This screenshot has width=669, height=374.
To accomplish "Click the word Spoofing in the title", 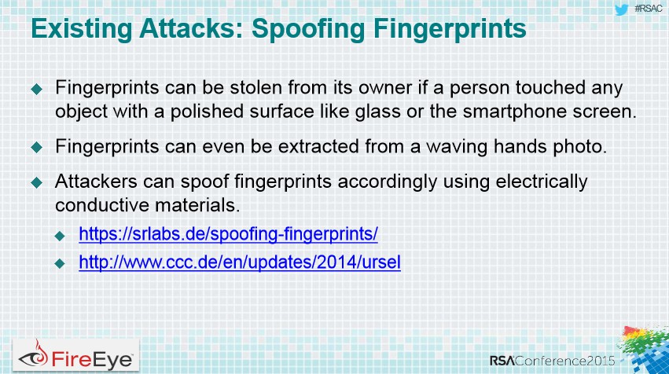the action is (x=308, y=30).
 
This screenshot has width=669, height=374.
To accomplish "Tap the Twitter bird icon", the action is (x=622, y=9).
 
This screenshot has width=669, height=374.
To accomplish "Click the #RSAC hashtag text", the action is (x=648, y=9).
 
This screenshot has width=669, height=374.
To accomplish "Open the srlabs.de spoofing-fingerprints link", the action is (x=228, y=234).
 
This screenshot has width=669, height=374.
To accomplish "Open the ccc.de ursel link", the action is (x=240, y=262).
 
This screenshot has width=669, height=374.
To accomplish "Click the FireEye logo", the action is (x=76, y=356).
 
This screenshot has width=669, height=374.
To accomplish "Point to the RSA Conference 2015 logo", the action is (x=552, y=361).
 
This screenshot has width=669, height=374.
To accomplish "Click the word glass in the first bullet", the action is (x=378, y=112).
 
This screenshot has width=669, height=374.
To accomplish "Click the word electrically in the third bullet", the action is (x=542, y=182).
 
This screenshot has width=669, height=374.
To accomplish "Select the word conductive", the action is (x=102, y=205).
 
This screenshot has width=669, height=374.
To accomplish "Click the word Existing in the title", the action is (x=82, y=29).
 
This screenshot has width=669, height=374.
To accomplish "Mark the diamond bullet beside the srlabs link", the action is (x=60, y=236).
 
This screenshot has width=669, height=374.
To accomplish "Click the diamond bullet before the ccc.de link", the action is (x=60, y=263).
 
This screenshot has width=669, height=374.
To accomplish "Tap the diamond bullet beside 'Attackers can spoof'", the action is (x=37, y=182).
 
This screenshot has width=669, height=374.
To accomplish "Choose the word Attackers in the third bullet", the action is (x=96, y=181).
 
